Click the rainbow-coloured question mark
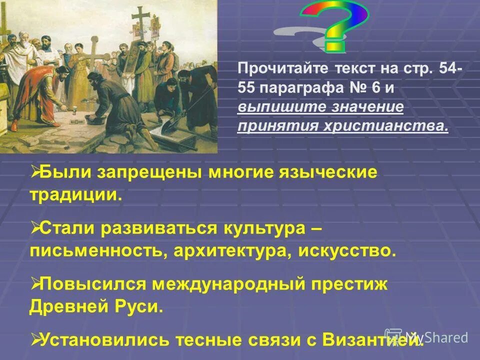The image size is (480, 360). tap(340, 25)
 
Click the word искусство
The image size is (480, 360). tap(347, 250)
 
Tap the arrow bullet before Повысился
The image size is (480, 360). tap(35, 284)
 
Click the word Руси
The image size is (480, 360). tap(142, 306)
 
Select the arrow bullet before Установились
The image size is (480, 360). tap(35, 339)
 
